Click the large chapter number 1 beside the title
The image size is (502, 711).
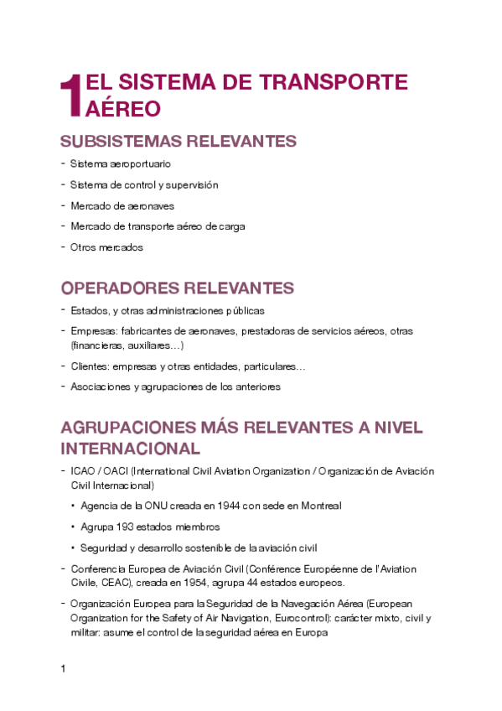click(x=72, y=95)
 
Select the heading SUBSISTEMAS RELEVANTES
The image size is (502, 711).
click(x=179, y=141)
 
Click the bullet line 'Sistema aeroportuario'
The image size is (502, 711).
click(x=121, y=164)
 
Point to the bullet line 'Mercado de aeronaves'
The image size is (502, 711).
click(x=122, y=205)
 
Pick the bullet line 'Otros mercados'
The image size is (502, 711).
click(x=106, y=247)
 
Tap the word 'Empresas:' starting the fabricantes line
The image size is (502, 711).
click(x=92, y=331)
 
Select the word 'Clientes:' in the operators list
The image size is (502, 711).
click(x=91, y=366)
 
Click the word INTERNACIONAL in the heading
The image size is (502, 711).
click(x=131, y=448)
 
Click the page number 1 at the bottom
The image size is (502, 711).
click(x=64, y=669)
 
